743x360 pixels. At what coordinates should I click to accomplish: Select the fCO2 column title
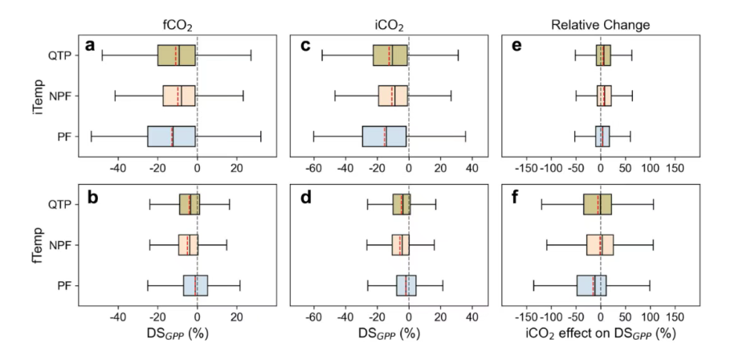point(178,23)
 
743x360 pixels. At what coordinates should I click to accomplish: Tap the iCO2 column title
point(389,23)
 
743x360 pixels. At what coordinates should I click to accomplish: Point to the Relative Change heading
point(600,24)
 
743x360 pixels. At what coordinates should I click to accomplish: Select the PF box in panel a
point(171,136)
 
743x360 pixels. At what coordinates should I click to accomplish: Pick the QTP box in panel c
point(390,55)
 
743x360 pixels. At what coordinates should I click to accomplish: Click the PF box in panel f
point(591,285)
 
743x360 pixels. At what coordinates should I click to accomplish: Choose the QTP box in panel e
point(603,55)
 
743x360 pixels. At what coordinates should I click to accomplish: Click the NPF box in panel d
point(400,244)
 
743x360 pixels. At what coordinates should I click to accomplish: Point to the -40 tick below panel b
point(118,316)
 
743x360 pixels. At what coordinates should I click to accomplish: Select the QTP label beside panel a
point(62,55)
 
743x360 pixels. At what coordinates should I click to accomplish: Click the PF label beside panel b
point(67,285)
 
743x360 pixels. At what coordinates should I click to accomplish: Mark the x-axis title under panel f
point(600,333)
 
